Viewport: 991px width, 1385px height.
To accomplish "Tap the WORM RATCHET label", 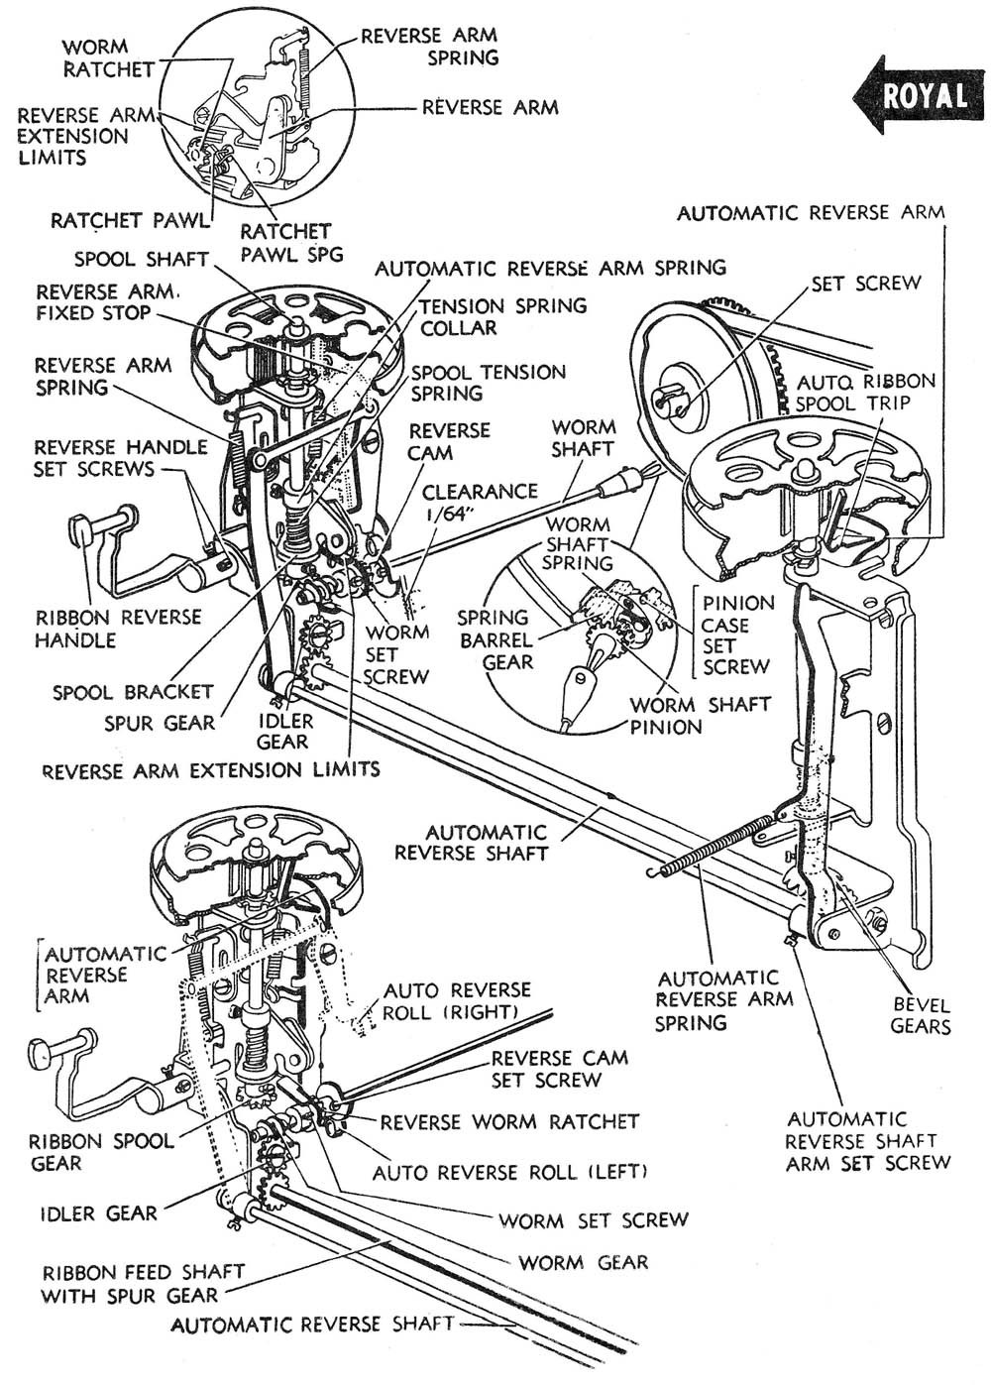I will [108, 58].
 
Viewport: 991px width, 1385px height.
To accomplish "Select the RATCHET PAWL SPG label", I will [291, 242].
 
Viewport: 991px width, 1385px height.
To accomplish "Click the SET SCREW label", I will [865, 284].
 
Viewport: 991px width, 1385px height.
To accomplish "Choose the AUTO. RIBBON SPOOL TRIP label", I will [865, 392].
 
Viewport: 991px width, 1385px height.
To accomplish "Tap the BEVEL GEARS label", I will [920, 1015].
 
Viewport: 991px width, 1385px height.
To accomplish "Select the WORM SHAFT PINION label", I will [700, 715].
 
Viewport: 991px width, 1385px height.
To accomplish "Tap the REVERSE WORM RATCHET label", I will [509, 1121].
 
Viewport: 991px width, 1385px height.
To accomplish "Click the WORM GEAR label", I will [583, 1262].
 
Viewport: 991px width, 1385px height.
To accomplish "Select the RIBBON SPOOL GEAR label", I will [102, 1151].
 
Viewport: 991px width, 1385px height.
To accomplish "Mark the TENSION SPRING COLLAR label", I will [502, 316].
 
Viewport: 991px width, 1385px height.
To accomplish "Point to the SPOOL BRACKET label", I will [133, 691].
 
